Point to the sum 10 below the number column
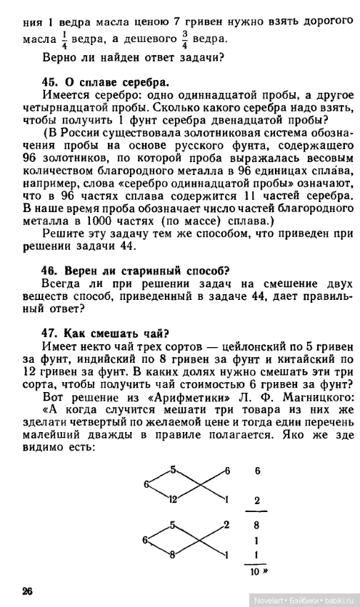254,572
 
